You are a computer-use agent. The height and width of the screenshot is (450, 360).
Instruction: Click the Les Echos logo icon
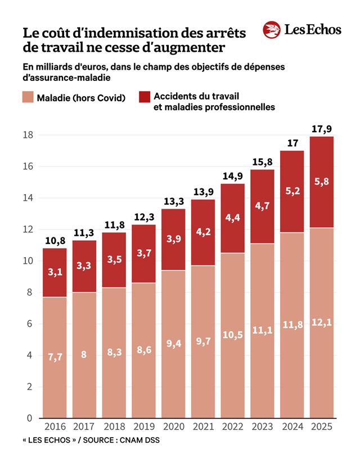click(x=272, y=30)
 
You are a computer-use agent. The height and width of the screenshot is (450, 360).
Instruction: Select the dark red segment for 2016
click(x=55, y=272)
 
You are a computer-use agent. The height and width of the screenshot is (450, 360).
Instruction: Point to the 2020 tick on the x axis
click(x=174, y=428)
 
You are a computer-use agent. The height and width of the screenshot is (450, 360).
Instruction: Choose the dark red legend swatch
click(x=145, y=98)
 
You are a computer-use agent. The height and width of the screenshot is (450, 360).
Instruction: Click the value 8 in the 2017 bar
click(x=83, y=355)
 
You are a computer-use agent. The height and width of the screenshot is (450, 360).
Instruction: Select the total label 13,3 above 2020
click(x=174, y=201)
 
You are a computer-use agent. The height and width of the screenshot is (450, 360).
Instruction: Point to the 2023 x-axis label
click(x=262, y=428)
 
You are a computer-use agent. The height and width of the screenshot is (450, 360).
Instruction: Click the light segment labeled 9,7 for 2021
click(x=204, y=341)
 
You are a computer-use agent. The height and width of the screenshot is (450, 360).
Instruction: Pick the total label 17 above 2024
click(x=292, y=143)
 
